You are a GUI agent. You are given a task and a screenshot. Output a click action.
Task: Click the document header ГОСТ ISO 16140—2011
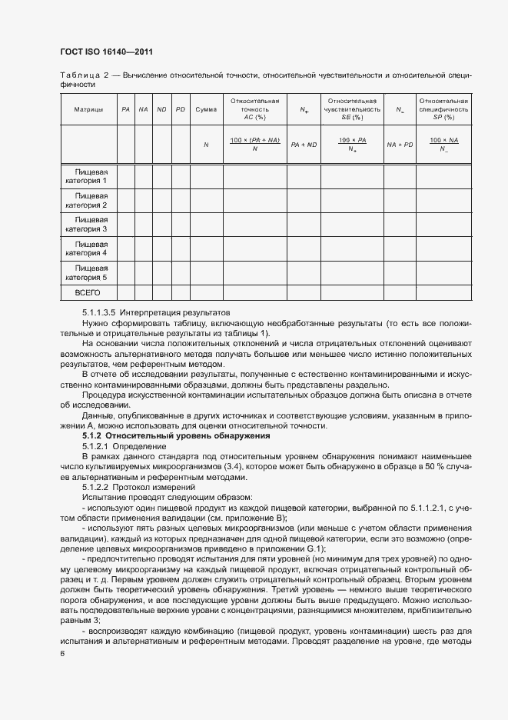(106, 52)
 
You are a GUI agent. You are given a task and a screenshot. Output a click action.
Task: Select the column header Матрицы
(88, 110)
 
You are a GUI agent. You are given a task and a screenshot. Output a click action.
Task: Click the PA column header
(125, 110)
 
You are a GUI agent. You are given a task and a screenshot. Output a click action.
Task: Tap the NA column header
(143, 110)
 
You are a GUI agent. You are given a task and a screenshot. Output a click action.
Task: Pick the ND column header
(161, 110)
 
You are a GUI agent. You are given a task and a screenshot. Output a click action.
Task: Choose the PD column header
(181, 110)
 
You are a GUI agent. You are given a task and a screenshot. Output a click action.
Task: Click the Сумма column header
(206, 110)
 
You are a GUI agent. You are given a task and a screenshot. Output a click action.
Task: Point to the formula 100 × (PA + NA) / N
(254, 144)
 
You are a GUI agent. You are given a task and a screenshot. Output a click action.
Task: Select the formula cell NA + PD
(400, 145)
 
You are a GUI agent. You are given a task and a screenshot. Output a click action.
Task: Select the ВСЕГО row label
(88, 293)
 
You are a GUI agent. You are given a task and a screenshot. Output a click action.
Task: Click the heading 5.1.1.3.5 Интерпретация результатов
(156, 314)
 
